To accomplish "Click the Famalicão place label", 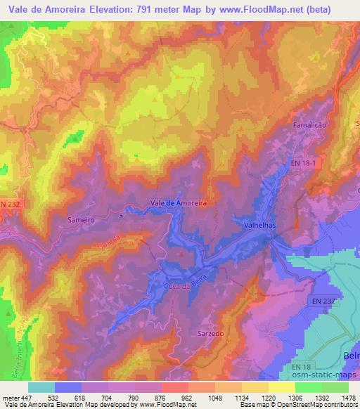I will pos(311,124).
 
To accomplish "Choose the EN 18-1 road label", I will pos(304,163).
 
